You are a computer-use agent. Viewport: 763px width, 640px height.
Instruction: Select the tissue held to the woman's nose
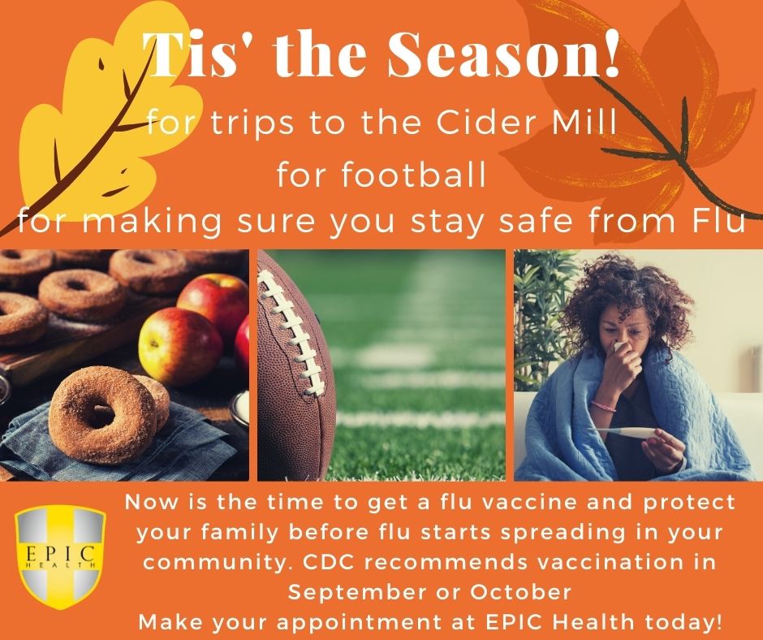[620, 347]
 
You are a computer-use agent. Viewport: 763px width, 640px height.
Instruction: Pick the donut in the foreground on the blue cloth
[102, 414]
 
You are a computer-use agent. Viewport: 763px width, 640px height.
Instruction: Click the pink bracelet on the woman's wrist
[603, 405]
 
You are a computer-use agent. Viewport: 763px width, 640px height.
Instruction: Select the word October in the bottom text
[520, 592]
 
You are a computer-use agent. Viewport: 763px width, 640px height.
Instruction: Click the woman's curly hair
[627, 297]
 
